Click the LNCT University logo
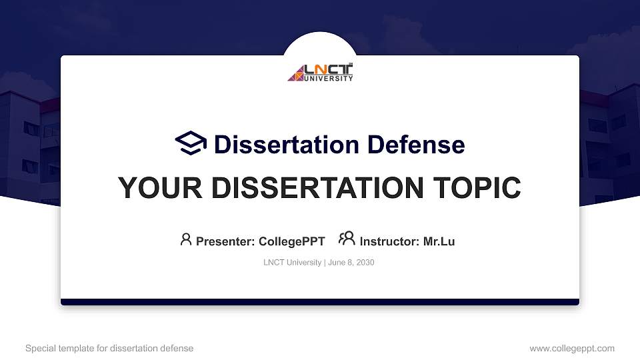tap(320, 73)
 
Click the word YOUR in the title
tap(155, 188)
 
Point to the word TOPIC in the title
tap(476, 188)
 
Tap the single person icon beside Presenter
tap(186, 239)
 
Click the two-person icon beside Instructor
tap(347, 239)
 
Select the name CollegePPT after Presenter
tap(291, 241)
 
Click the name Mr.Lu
tap(439, 241)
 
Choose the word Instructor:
tap(389, 241)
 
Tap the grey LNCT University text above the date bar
tap(293, 263)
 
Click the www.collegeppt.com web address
tap(572, 349)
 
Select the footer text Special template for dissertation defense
tap(109, 349)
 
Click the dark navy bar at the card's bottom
tap(320, 302)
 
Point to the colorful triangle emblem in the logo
tap(295, 73)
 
